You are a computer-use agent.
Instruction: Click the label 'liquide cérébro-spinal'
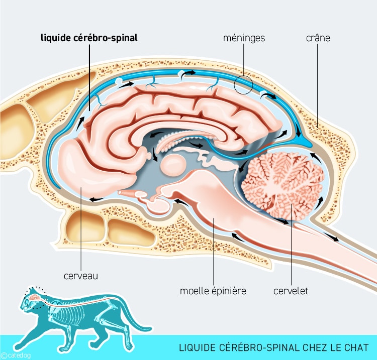[x=88, y=37]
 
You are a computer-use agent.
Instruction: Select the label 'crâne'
[x=318, y=37]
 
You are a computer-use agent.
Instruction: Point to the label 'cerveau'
[x=80, y=276]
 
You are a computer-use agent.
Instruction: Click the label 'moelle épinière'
[x=213, y=291]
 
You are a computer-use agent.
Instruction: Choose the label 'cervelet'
[x=291, y=291]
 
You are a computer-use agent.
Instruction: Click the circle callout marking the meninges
[x=243, y=84]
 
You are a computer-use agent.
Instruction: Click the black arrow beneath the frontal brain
[x=96, y=200]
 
